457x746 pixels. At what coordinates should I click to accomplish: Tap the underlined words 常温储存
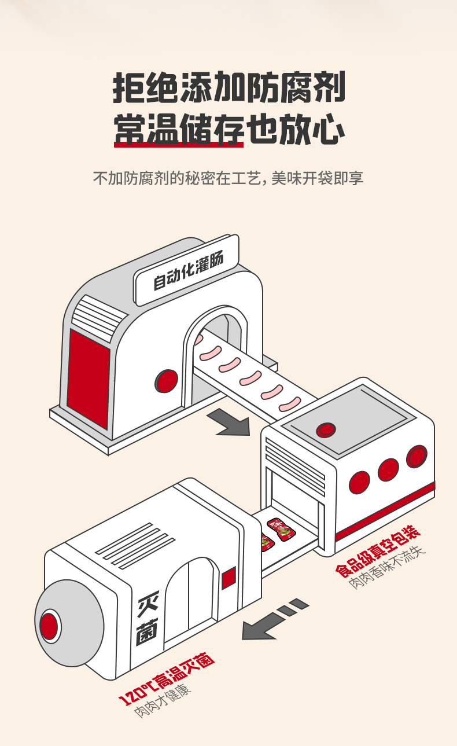coord(178,129)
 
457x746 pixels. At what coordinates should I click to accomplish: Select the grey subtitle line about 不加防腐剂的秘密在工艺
coord(228,178)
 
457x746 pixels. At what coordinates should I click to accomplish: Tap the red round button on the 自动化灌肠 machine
coord(167,380)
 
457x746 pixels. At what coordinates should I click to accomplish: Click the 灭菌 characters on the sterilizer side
coord(146,620)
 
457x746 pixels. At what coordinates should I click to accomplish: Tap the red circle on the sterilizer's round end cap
coord(49,626)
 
